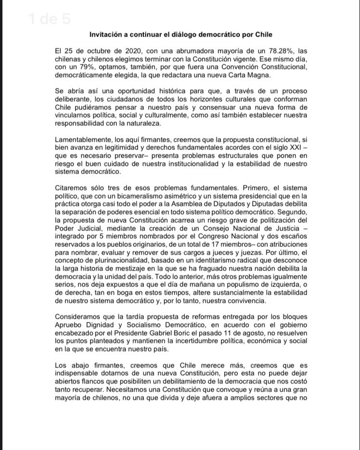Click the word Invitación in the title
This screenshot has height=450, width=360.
(x=108, y=35)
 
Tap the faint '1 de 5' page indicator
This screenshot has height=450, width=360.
(x=49, y=20)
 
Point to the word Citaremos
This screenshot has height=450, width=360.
(x=72, y=188)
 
